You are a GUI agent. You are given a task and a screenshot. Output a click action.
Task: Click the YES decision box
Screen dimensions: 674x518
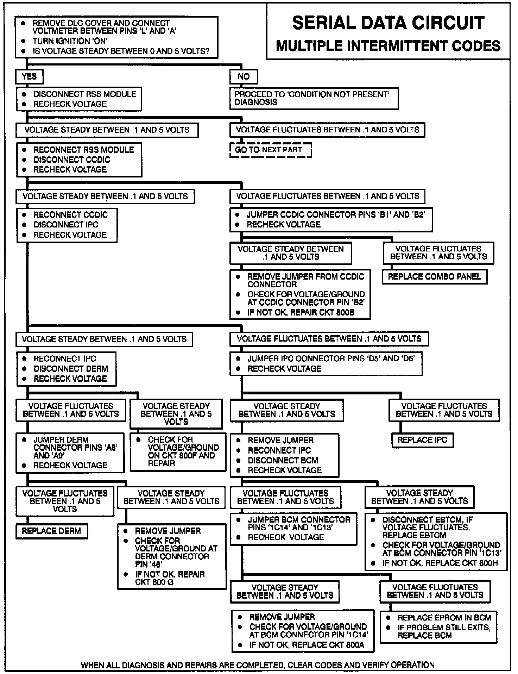tap(29, 76)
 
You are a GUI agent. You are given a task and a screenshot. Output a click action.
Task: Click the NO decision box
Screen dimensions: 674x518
tap(244, 76)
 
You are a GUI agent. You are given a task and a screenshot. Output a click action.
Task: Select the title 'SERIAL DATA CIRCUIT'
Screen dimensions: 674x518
tap(388, 23)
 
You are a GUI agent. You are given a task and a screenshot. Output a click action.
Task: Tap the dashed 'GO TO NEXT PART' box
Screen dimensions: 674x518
tap(270, 150)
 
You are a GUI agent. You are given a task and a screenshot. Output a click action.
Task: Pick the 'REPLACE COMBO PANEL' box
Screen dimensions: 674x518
tap(434, 276)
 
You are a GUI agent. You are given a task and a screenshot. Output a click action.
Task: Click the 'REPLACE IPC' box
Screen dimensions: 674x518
tap(422, 440)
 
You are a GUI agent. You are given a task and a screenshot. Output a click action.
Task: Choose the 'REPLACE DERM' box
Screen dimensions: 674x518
tap(51, 531)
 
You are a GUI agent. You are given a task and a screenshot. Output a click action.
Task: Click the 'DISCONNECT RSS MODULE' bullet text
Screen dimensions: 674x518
tap(84, 94)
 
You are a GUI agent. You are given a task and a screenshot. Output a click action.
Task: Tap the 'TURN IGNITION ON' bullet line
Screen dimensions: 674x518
tap(70, 41)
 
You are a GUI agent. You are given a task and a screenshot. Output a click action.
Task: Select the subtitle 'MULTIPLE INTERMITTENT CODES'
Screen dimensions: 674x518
tap(388, 46)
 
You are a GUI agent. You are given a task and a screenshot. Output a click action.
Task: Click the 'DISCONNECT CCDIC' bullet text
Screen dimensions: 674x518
tap(72, 160)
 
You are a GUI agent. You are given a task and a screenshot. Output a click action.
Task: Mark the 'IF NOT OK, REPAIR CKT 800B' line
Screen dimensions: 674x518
tap(301, 312)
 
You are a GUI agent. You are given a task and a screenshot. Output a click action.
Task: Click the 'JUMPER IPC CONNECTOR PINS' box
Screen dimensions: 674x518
tap(326, 363)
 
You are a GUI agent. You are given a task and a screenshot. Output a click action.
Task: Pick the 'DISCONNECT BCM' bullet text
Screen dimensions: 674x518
tap(283, 460)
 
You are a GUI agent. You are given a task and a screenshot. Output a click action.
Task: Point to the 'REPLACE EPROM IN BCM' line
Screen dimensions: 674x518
tap(444, 618)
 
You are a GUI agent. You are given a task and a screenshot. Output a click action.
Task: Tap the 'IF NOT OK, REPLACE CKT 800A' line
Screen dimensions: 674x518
tap(307, 645)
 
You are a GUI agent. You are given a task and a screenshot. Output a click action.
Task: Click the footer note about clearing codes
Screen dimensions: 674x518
tap(258, 665)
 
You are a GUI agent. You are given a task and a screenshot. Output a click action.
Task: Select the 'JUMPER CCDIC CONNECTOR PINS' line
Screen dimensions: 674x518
tap(336, 214)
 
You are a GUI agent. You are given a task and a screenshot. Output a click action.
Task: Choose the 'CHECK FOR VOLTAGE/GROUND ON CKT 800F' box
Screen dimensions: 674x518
tap(178, 451)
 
